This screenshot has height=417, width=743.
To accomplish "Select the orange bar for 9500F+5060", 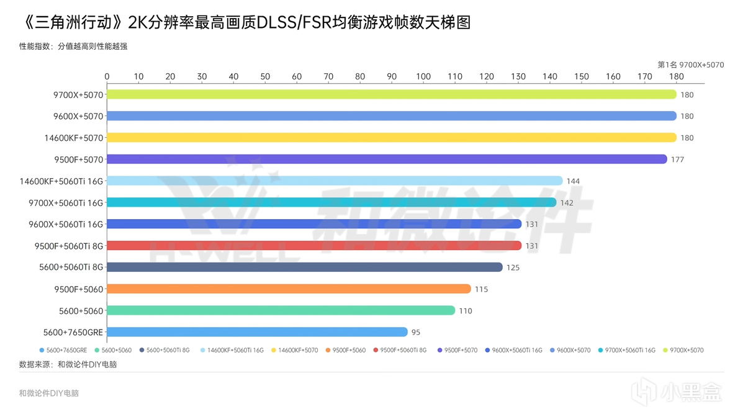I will coord(289,289).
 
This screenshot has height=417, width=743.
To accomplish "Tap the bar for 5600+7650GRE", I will coord(257,332).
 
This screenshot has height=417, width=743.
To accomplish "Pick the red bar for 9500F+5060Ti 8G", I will coord(314,246).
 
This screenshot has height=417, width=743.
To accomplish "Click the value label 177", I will coord(677,159).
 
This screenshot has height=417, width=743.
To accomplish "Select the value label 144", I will coord(573,181).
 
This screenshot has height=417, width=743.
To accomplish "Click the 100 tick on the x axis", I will coord(423,76).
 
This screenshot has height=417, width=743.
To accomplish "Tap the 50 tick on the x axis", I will coord(265,76).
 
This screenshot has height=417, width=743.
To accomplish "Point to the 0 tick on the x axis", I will coord(107,76).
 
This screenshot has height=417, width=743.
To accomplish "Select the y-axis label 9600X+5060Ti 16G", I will coord(66,224).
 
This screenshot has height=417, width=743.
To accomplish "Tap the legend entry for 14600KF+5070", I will coord(298,351).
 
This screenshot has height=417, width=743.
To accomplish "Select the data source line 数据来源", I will coord(68,364).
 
